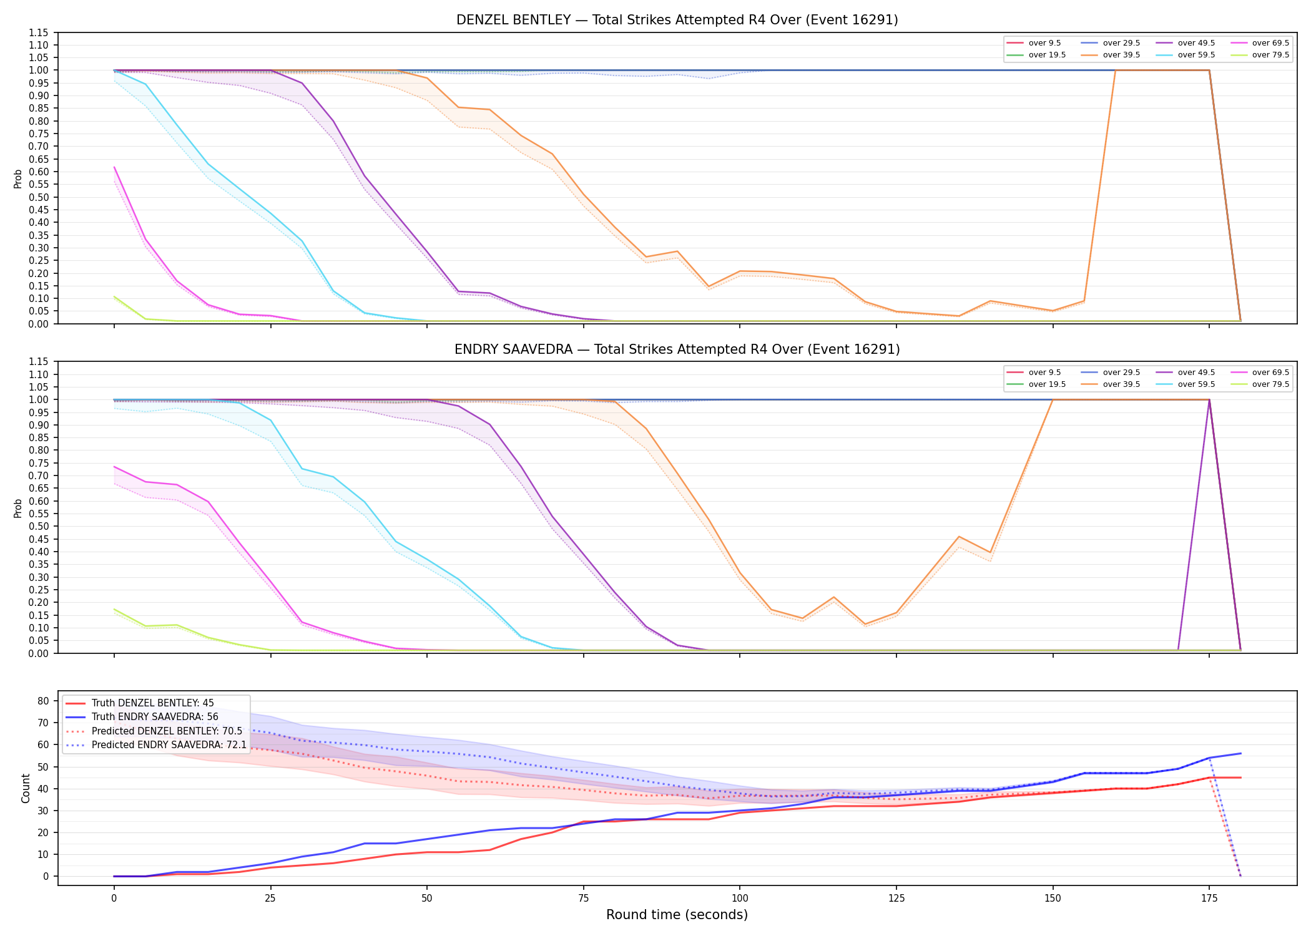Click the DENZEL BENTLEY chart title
click(677, 20)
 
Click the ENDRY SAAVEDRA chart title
click(677, 349)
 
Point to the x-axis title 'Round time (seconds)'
click(677, 915)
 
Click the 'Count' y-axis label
click(26, 788)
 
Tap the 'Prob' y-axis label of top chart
click(18, 178)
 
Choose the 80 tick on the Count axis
click(43, 701)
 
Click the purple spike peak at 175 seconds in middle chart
click(1209, 400)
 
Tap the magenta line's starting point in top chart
click(114, 167)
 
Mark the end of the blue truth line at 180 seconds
click(1240, 753)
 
